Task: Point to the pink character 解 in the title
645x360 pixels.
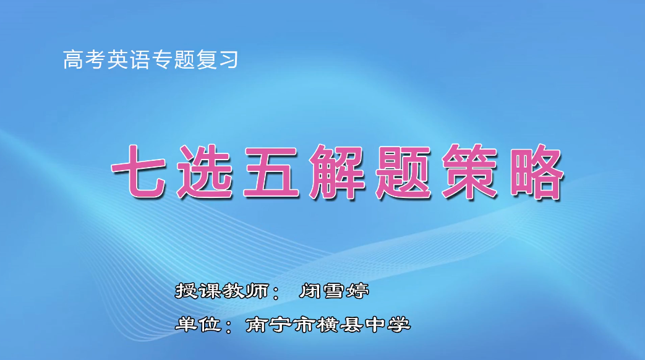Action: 339,173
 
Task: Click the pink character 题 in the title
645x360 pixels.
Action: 405,173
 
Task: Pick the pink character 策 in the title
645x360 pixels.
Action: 471,173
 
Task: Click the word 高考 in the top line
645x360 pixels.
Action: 84,60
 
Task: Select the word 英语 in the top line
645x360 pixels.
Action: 129,60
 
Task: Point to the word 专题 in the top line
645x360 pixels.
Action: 173,60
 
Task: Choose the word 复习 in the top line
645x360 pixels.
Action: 217,60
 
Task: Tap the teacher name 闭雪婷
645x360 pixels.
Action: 333,291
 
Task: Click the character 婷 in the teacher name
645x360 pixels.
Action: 358,291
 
